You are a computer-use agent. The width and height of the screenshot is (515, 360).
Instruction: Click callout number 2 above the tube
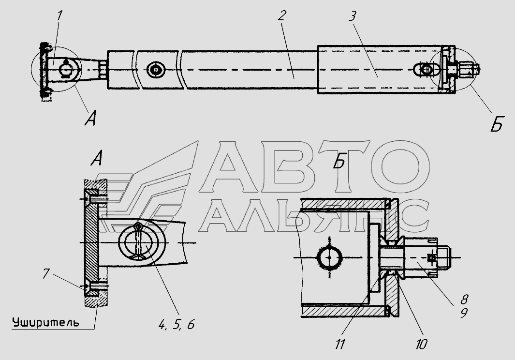[x=282, y=15]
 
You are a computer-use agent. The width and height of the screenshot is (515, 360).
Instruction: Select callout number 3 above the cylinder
[x=352, y=16]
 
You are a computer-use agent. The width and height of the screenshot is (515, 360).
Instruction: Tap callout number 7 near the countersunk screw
[x=46, y=273]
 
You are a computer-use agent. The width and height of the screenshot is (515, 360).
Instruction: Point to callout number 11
[x=340, y=344]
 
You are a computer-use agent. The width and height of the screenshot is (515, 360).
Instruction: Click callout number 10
[x=421, y=344]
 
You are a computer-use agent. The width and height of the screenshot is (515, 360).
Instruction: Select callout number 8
[x=464, y=300]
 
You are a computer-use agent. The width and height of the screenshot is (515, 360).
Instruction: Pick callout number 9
[x=463, y=314]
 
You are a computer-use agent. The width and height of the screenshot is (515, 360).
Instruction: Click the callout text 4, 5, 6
[x=176, y=325]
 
